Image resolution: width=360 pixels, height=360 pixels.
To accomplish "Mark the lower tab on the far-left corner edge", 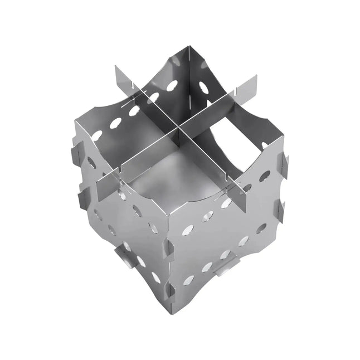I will coord(81,195).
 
